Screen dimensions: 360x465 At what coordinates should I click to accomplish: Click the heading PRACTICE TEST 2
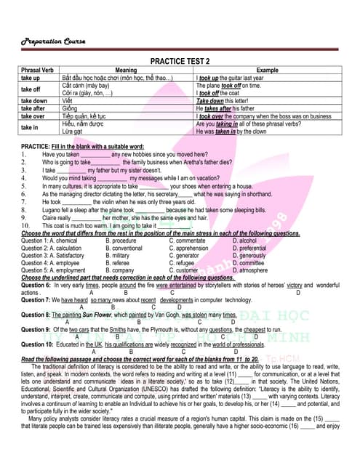click(180, 61)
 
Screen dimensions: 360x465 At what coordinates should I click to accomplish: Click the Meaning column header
click(126, 70)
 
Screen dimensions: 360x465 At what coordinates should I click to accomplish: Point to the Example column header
click(267, 70)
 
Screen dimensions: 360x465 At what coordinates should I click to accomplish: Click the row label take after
click(34, 108)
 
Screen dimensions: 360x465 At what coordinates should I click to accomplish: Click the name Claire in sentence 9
click(50, 217)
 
